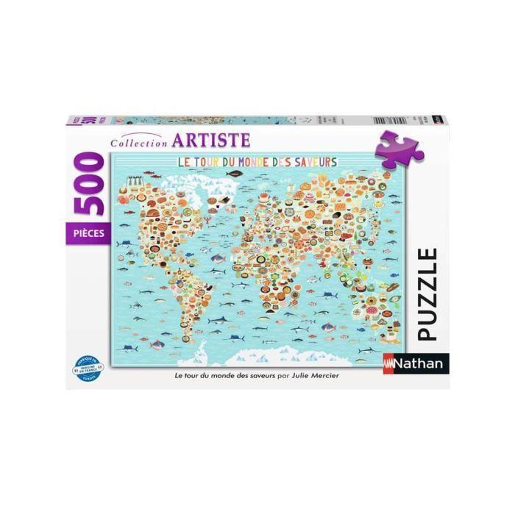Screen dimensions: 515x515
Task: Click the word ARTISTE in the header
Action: coord(212,139)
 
